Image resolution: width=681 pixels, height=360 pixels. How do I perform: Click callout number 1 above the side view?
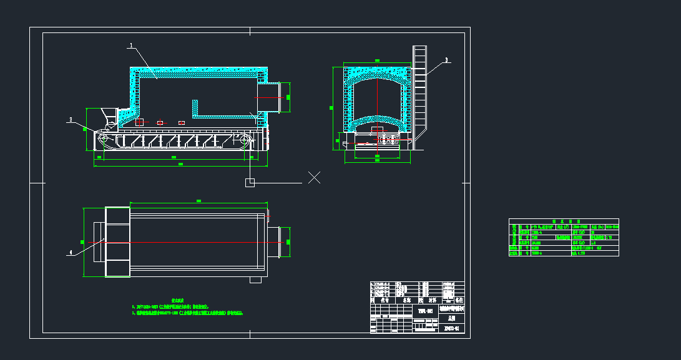point(131,45)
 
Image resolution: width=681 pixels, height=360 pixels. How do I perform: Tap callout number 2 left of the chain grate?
point(71,119)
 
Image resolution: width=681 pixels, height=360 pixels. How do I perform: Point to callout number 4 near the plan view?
point(71,253)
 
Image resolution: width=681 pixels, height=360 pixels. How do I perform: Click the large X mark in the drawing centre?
point(315,177)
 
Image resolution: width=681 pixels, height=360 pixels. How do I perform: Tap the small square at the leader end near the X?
point(250,182)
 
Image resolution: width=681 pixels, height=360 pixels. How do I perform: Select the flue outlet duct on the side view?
point(275,98)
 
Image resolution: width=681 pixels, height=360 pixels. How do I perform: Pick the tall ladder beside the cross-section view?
point(419,94)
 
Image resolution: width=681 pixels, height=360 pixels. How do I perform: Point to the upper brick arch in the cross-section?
point(376,79)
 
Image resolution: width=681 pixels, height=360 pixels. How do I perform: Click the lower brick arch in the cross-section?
point(376,120)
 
